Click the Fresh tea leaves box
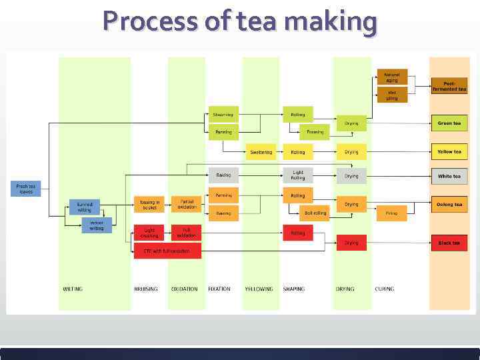tap(25, 189)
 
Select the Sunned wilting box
tap(85, 207)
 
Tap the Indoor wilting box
tap(97, 225)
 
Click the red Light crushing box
tap(149, 233)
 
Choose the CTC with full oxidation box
tap(167, 251)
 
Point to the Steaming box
tap(223, 114)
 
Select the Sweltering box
tap(261, 152)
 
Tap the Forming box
tap(315, 132)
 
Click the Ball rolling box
tap(315, 213)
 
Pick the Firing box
tap(391, 213)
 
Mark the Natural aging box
tap(392, 77)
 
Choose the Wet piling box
tap(392, 95)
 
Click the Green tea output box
tap(449, 123)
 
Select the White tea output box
tap(449, 176)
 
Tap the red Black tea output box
tap(449, 243)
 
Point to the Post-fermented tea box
tap(449, 86)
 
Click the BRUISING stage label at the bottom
tap(146, 289)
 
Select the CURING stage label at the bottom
tap(384, 289)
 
